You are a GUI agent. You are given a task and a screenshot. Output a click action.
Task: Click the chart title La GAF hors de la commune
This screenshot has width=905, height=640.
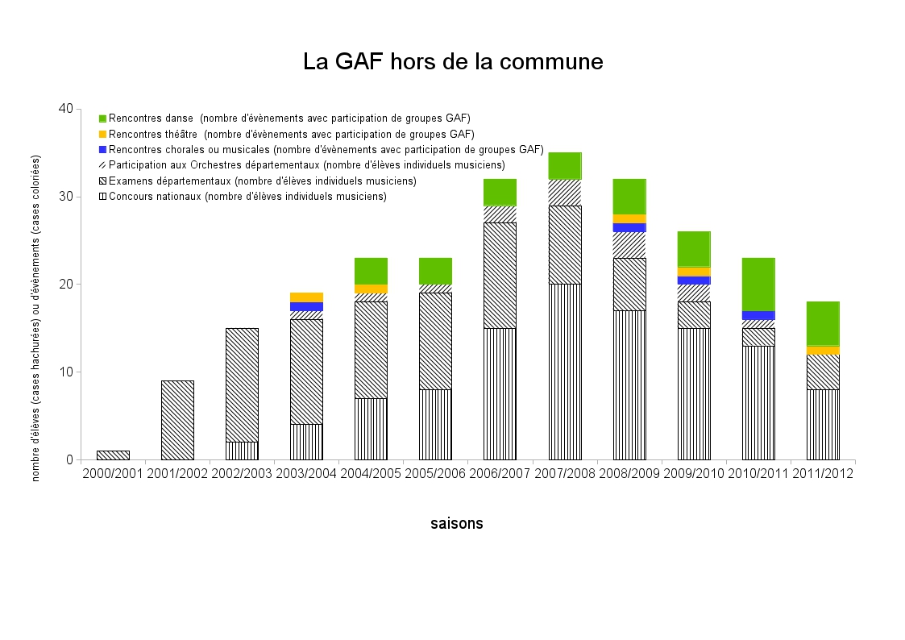tap(453, 61)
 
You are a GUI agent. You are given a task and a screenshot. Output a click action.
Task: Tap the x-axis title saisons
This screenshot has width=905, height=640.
tap(457, 523)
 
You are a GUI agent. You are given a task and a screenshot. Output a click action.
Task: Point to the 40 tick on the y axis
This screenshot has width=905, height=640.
tap(65, 110)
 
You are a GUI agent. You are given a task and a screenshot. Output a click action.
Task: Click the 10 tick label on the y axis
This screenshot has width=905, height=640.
tap(65, 372)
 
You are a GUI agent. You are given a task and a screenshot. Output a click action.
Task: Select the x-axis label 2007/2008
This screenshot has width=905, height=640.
tap(564, 474)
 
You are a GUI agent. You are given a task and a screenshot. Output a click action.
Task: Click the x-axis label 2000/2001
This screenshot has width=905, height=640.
tap(113, 474)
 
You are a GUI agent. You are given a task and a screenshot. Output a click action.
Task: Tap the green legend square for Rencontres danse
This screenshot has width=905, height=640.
tap(102, 118)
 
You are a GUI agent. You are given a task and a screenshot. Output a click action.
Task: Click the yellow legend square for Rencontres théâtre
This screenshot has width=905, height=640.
tap(102, 134)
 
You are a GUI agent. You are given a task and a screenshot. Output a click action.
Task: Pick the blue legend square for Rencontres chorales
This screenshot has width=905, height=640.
tap(102, 149)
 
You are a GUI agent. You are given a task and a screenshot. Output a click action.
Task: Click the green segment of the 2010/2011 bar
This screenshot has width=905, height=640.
tap(758, 284)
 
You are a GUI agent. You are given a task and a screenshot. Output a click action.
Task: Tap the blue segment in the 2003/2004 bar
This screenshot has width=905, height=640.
tap(306, 306)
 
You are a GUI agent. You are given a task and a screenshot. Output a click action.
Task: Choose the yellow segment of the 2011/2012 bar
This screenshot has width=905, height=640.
tap(823, 350)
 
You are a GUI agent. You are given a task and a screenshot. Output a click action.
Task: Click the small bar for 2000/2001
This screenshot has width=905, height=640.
tap(113, 455)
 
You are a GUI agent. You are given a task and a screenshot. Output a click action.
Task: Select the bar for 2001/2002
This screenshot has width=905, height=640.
tap(177, 420)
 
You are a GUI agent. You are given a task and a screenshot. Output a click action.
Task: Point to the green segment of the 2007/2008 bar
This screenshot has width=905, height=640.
tap(565, 165)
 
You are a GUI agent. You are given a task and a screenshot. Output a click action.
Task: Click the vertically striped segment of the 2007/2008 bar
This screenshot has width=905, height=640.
tap(565, 372)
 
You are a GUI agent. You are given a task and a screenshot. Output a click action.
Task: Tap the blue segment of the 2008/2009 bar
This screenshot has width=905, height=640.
tap(629, 227)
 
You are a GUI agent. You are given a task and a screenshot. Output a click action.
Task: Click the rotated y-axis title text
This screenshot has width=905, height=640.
tap(35, 319)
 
